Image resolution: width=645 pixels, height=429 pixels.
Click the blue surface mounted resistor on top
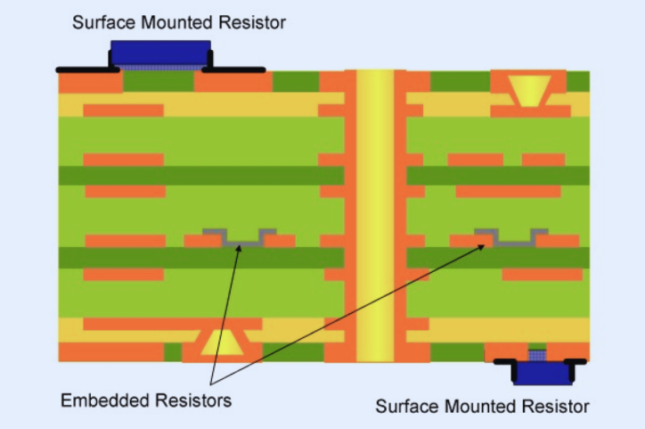click(160, 51)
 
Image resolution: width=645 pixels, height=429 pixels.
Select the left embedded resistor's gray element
click(236, 239)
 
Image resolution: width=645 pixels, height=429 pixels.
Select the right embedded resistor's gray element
click(510, 239)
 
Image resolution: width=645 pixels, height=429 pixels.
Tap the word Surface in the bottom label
click(406, 407)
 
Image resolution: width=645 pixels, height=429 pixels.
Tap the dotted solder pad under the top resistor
click(160, 67)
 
